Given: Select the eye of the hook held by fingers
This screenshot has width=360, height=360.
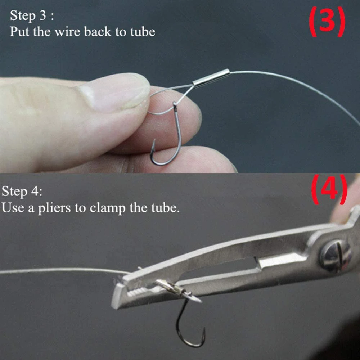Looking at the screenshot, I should (x=175, y=105).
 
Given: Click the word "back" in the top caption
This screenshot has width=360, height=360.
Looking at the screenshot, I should (x=98, y=32).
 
